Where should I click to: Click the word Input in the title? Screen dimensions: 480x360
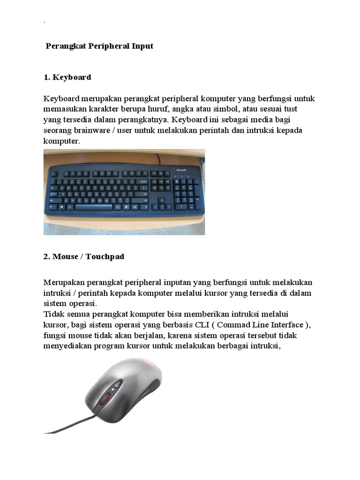[x=141, y=46]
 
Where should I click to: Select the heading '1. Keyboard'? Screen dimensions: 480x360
[x=67, y=77]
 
